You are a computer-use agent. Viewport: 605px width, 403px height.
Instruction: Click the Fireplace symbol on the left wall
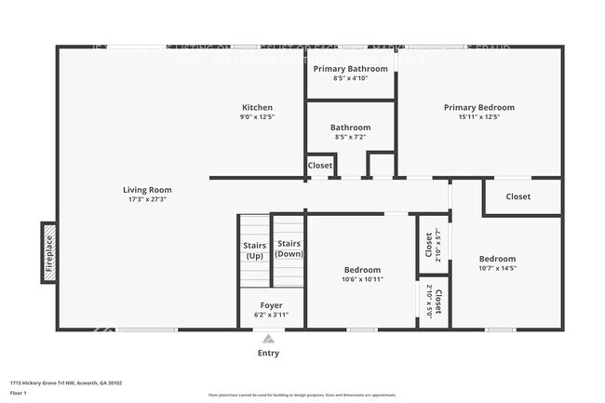[48, 252]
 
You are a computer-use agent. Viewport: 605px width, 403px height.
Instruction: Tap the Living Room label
[147, 190]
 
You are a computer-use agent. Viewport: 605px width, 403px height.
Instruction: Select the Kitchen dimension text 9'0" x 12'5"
[258, 117]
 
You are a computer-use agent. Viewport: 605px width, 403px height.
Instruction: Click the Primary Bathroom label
[351, 69]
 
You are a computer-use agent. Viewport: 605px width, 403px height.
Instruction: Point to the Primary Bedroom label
[478, 107]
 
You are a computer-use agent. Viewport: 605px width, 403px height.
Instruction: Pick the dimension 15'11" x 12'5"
[478, 117]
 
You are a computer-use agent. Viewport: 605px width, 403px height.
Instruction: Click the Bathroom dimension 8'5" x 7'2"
[351, 137]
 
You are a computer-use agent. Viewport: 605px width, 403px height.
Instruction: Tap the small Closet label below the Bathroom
[320, 166]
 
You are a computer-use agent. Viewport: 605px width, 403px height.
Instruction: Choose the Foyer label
[271, 305]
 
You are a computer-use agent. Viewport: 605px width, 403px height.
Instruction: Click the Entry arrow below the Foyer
[269, 339]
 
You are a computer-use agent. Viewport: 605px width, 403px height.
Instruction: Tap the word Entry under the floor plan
[268, 353]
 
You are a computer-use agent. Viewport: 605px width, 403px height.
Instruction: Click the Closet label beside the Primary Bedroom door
[518, 196]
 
